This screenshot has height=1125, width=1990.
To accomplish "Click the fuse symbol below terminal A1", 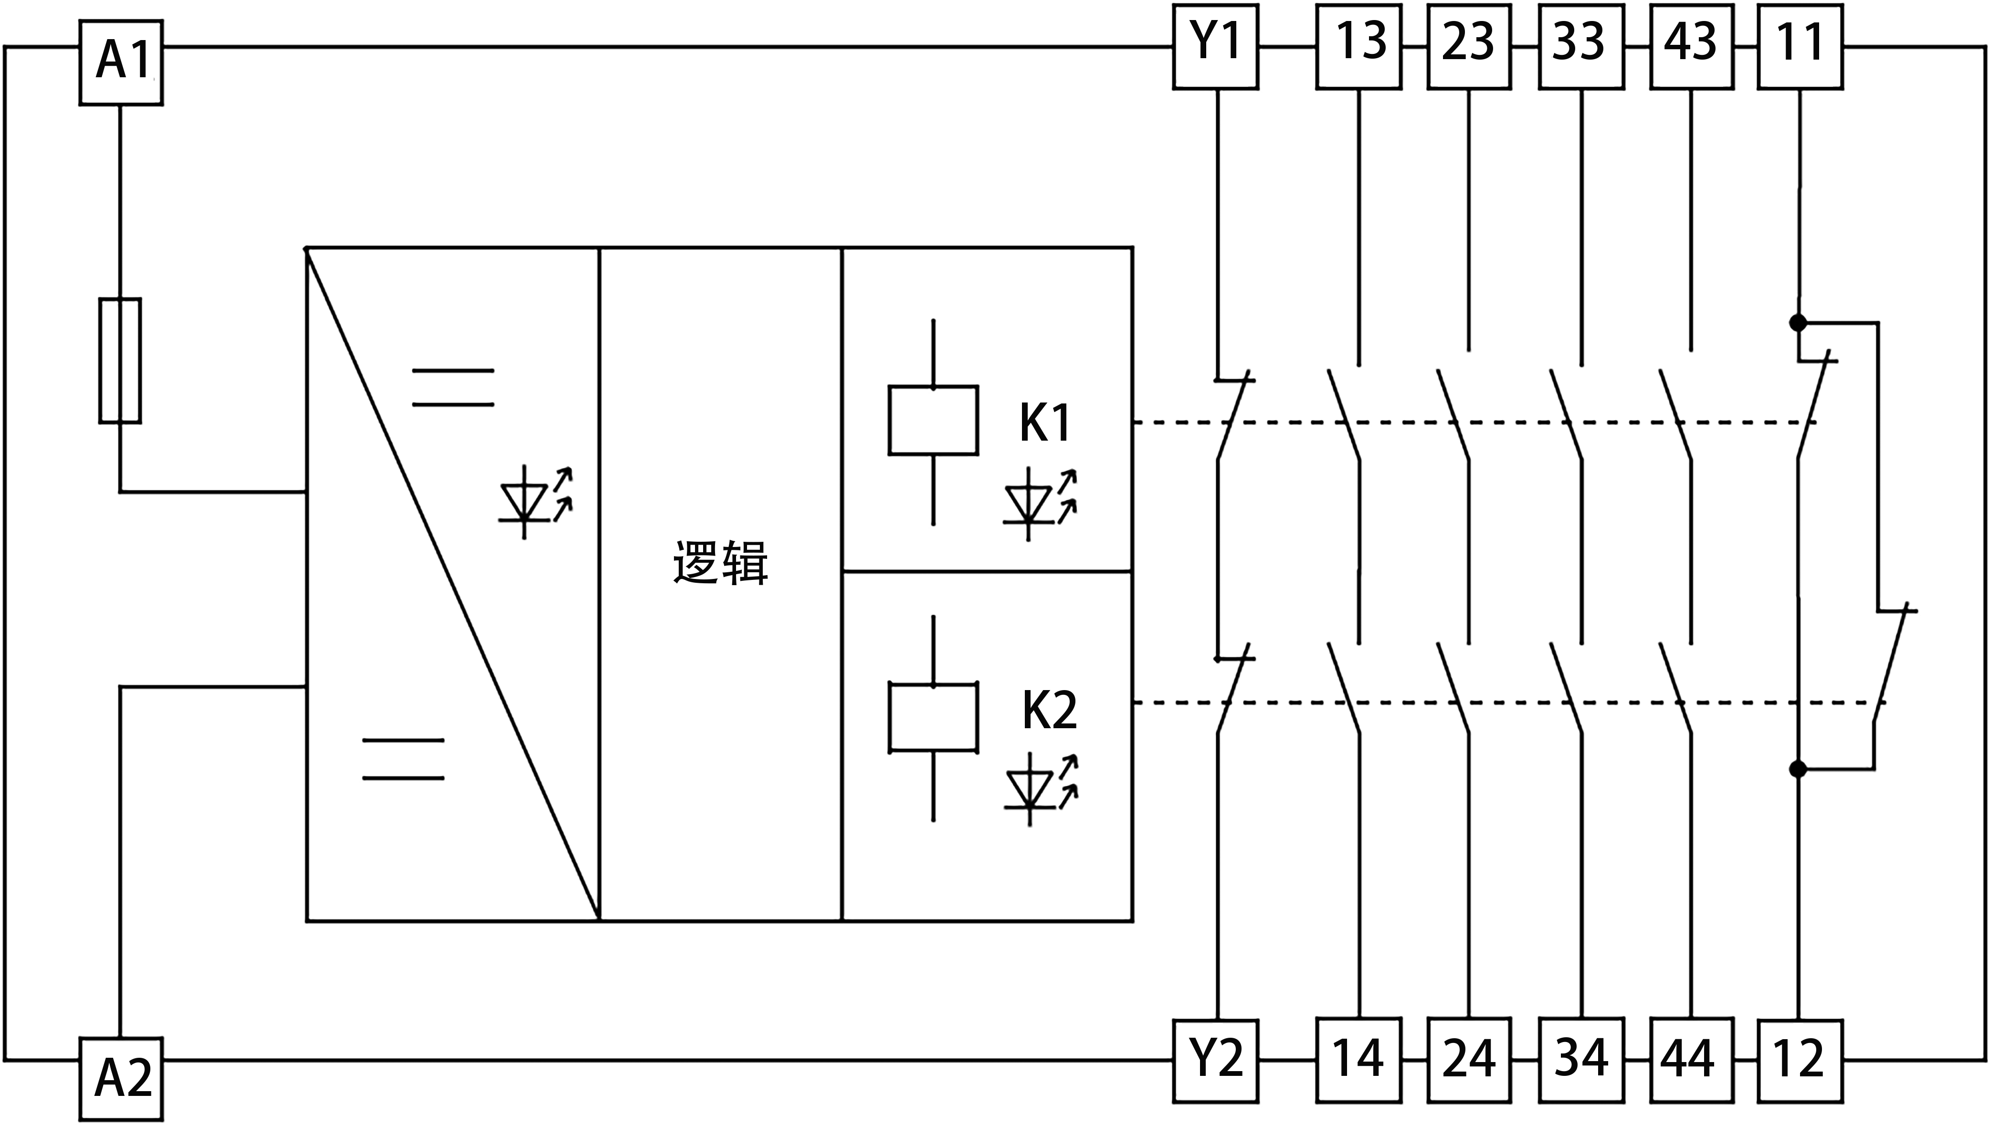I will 120,360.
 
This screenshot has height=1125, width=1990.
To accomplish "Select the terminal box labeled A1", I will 121,62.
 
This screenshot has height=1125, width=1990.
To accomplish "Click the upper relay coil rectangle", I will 933,420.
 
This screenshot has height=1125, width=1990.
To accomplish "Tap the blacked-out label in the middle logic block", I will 720,562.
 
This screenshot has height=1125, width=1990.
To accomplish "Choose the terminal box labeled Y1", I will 1215,46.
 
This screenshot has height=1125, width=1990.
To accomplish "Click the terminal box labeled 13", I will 1359,46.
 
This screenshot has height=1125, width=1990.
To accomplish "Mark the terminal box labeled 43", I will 1692,46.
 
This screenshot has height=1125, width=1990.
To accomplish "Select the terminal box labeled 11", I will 1800,46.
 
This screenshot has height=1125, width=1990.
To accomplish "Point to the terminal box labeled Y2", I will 1215,1060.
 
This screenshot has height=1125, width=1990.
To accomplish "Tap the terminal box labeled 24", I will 1469,1060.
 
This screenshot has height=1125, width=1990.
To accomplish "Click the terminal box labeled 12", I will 1800,1060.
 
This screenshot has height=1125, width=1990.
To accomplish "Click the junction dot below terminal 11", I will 1798,323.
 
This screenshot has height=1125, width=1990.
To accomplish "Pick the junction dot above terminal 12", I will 1798,769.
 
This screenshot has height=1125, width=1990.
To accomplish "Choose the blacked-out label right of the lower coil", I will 1050,709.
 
